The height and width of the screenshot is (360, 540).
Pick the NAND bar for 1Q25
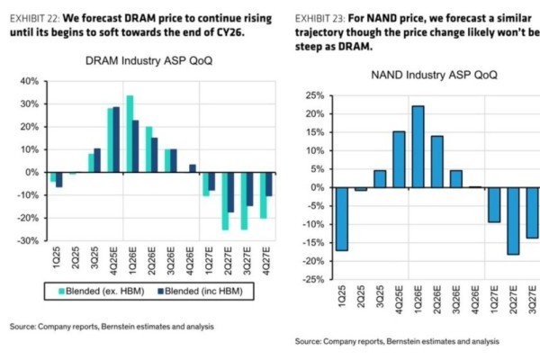[x=342, y=219]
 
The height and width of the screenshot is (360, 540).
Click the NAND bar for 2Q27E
[x=513, y=220]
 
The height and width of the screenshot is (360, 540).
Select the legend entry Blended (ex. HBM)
[x=94, y=291]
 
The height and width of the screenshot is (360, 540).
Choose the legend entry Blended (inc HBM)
[x=203, y=291]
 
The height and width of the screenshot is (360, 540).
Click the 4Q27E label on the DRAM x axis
[x=265, y=261]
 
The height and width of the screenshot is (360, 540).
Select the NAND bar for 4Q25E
[x=399, y=159]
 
